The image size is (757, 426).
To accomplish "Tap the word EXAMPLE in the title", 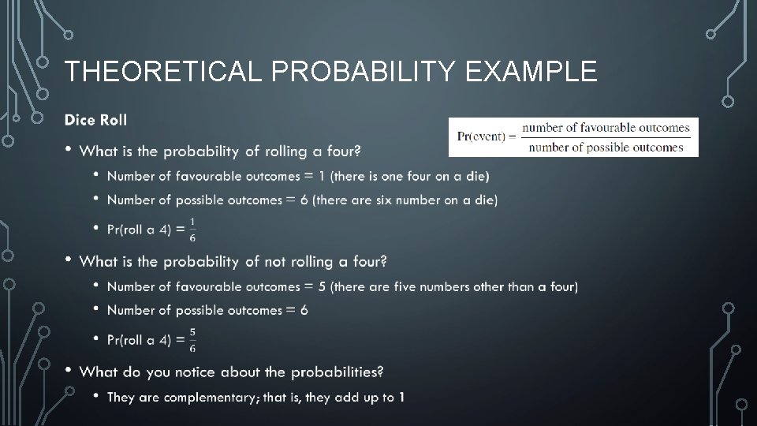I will point(531,72).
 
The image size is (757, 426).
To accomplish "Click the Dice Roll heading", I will point(95,120).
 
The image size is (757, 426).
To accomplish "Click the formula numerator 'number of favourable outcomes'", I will point(606,127).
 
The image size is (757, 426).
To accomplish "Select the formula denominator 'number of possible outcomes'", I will point(606,147).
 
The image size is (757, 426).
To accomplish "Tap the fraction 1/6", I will point(193,229).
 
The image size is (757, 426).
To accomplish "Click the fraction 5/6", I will point(193,339).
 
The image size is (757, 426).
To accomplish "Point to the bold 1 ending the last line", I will point(401,397).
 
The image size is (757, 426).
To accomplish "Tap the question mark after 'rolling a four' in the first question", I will point(359,151).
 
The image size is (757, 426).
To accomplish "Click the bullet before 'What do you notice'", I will point(69,369).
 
